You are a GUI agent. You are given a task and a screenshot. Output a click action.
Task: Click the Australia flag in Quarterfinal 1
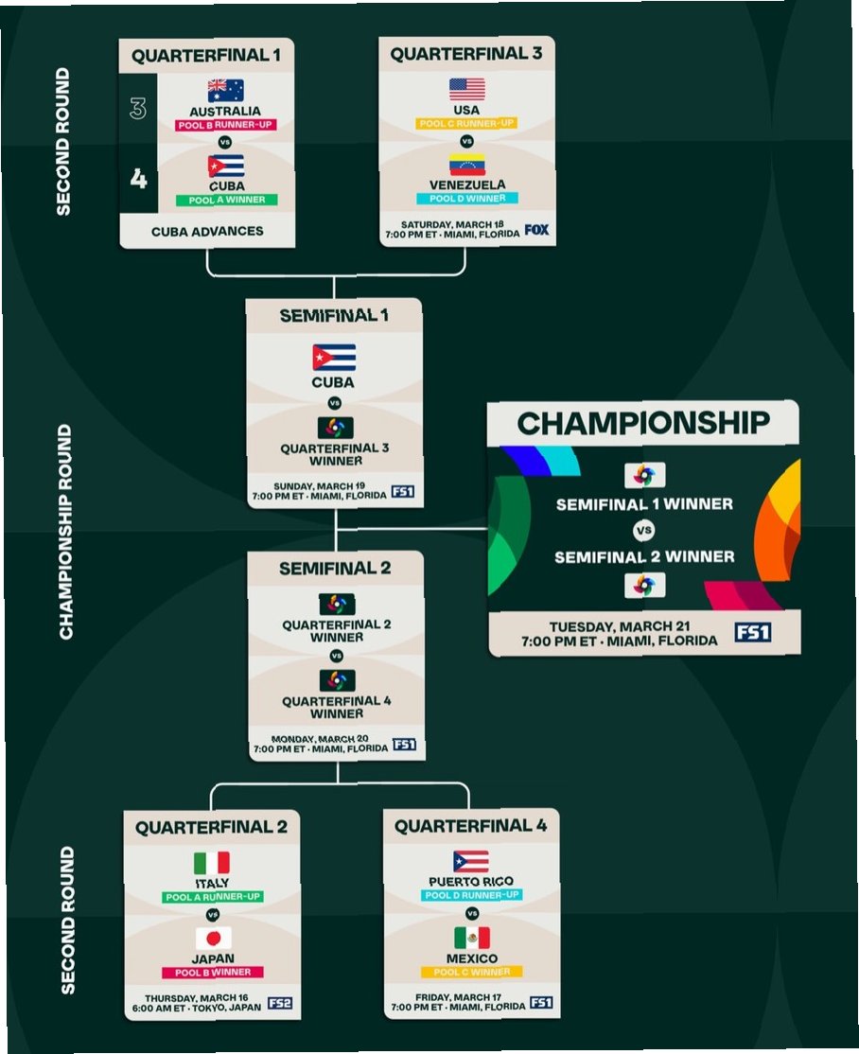225,90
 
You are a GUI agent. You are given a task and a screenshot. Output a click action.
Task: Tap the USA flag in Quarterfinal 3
466,89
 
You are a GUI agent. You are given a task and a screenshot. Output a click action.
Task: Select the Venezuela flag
466,164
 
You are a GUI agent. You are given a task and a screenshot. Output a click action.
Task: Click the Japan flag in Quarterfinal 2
213,938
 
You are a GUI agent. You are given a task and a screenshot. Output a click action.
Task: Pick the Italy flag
212,863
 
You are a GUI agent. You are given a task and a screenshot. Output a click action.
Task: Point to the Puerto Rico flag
471,861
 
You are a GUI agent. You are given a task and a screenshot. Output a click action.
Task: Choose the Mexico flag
471,938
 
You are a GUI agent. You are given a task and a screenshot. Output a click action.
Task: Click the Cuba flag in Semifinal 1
334,358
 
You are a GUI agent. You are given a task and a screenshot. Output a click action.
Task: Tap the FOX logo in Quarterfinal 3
536,229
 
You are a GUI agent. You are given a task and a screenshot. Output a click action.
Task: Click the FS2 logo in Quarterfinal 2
279,1003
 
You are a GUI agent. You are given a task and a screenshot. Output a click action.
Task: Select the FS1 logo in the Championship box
752,632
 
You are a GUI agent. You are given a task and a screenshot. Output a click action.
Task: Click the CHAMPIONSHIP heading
643,423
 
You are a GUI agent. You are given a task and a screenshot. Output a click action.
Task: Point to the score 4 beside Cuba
138,178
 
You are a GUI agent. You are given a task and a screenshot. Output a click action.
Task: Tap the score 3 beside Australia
138,109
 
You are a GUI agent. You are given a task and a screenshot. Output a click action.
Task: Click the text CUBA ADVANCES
207,231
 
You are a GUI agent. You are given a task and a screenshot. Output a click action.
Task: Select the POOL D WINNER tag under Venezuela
466,199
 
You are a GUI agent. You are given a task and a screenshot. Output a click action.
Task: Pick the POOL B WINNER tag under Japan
213,972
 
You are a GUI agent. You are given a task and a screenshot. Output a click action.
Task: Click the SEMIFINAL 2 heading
335,569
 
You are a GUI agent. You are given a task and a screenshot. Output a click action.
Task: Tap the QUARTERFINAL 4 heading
470,826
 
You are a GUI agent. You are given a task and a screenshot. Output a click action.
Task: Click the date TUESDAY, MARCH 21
619,626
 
